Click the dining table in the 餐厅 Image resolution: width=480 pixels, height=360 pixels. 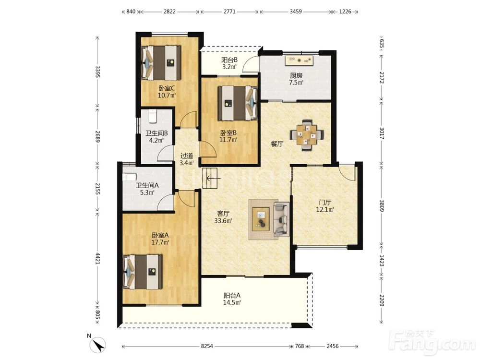[307, 135]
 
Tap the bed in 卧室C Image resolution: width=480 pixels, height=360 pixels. [161, 63]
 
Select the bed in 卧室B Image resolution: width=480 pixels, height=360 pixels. [237, 103]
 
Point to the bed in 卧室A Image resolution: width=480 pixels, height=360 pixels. [143, 272]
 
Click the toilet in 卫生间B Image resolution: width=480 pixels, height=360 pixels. [152, 115]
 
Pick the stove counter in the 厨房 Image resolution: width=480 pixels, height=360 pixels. [300, 60]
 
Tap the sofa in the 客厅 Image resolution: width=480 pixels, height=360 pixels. [281, 219]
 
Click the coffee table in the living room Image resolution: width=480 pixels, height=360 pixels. [261, 219]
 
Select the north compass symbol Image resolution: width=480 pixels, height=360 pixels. [98, 345]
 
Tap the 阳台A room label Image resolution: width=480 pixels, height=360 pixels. [232, 296]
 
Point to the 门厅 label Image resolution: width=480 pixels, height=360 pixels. [325, 203]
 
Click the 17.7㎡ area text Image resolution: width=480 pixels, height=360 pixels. [160, 242]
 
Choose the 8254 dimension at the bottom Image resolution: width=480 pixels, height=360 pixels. [207, 346]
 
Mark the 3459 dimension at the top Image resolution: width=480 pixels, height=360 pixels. [296, 12]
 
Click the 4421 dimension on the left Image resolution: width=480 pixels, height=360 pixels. [97, 258]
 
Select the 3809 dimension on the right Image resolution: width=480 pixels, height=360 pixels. [382, 206]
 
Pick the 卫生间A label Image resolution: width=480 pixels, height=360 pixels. [147, 185]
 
